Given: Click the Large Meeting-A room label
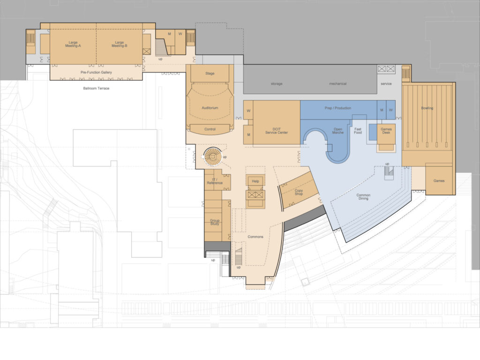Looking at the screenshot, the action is click(x=73, y=44).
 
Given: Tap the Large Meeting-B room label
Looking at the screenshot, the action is click(x=120, y=44).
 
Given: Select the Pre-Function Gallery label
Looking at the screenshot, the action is click(x=96, y=72).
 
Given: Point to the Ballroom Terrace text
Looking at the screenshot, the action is click(x=96, y=88).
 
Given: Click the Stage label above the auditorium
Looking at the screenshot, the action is click(x=210, y=74).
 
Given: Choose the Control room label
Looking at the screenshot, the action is click(x=210, y=129).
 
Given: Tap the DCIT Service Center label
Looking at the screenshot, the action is click(x=277, y=131).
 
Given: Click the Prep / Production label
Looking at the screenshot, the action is click(x=338, y=108).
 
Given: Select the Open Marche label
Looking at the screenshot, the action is click(x=338, y=131).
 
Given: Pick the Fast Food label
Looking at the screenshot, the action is click(x=358, y=131).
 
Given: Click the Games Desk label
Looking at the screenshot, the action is click(x=386, y=131).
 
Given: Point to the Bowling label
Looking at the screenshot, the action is click(x=427, y=108).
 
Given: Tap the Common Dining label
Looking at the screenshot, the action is click(x=363, y=196).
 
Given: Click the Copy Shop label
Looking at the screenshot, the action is click(x=299, y=192).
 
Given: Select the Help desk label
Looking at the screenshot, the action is click(x=255, y=181).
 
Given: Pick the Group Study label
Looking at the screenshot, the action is click(x=215, y=222).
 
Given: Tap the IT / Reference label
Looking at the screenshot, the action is click(x=215, y=181).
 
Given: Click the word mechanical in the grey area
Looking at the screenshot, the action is click(x=338, y=83).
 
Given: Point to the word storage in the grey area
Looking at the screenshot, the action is click(x=277, y=83).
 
